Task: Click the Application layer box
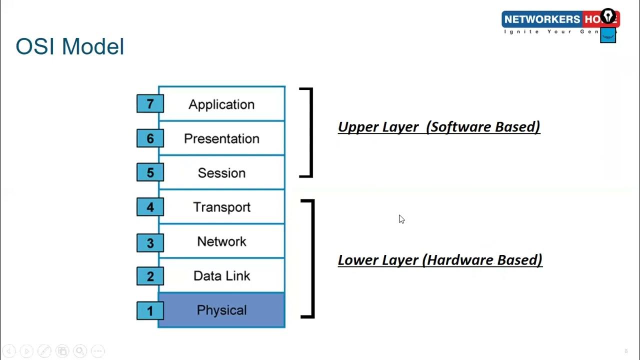(221, 104)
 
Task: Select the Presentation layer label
(221, 138)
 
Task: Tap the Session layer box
(221, 172)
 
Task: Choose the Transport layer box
(221, 207)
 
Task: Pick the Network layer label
(221, 241)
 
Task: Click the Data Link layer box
(221, 275)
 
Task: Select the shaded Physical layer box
(221, 310)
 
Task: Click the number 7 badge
(150, 104)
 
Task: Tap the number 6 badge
(150, 138)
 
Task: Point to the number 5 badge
(150, 172)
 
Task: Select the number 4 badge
(150, 207)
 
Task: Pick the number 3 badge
(150, 243)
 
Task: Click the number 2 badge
(150, 276)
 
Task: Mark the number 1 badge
(150, 310)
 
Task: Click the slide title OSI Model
(70, 46)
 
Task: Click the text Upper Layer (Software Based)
(439, 126)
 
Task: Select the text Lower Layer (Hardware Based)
(440, 260)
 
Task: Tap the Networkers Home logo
(560, 24)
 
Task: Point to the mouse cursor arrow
(401, 219)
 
